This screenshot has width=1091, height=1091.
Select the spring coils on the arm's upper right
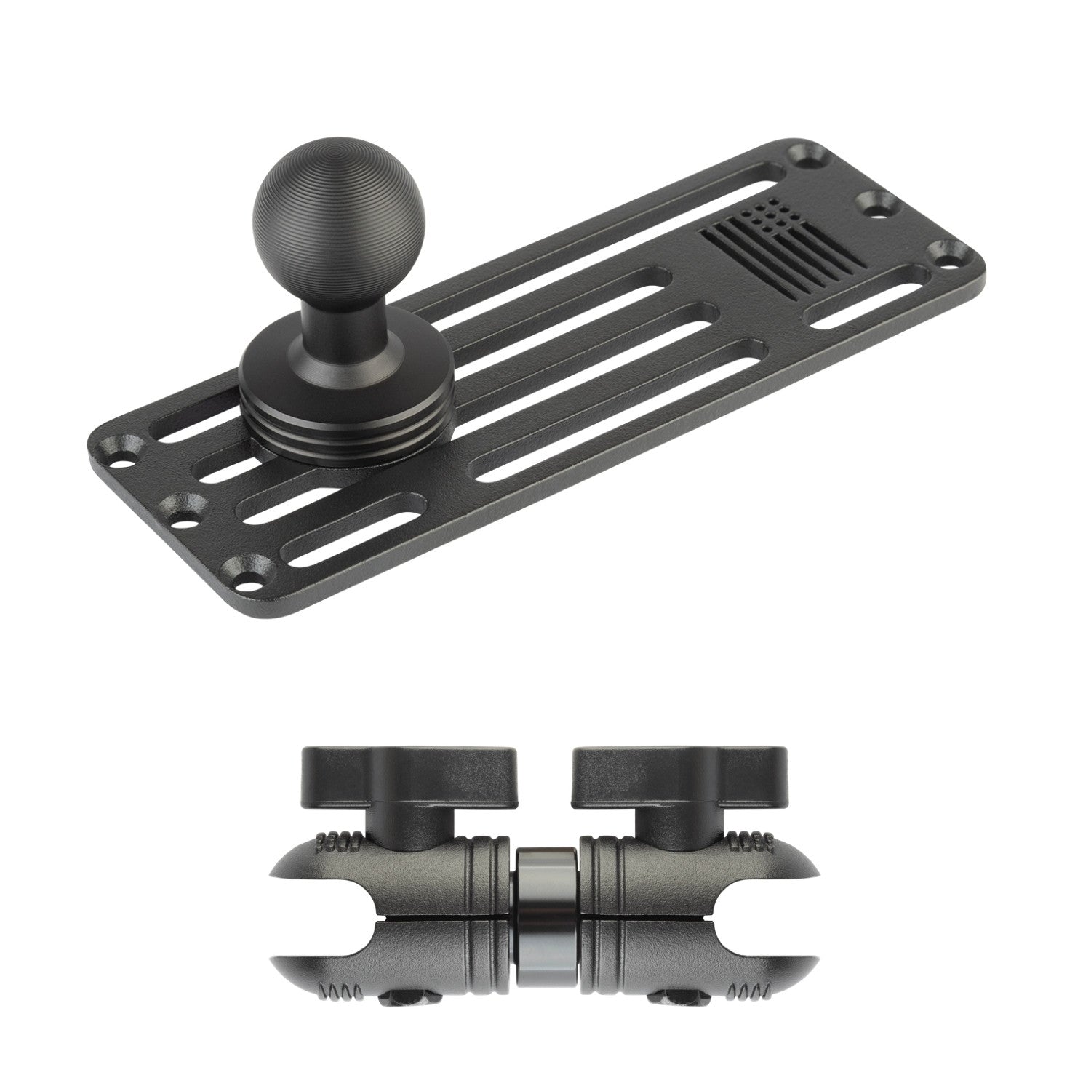pos(750,844)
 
